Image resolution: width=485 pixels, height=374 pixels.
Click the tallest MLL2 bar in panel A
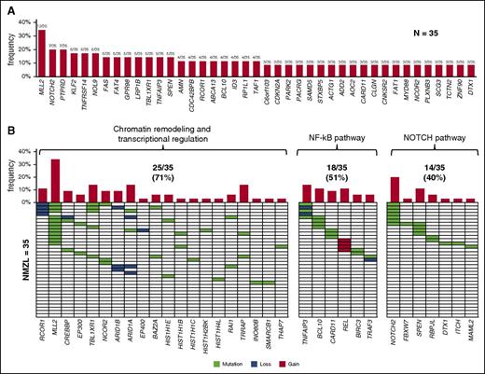41,55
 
